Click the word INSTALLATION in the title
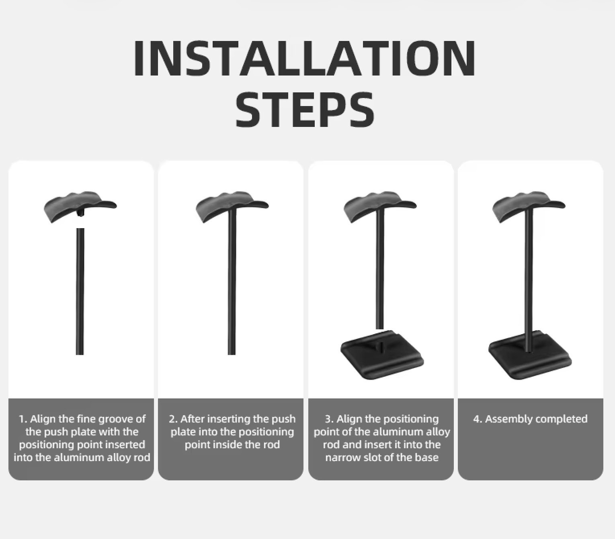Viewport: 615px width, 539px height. point(304,58)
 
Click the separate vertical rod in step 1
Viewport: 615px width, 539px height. point(80,292)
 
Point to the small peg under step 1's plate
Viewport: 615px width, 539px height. point(80,214)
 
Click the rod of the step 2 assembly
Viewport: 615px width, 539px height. point(232,282)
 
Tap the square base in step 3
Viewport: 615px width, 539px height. point(382,355)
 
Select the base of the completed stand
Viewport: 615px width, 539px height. point(530,355)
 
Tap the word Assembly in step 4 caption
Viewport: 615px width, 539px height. point(506,420)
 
